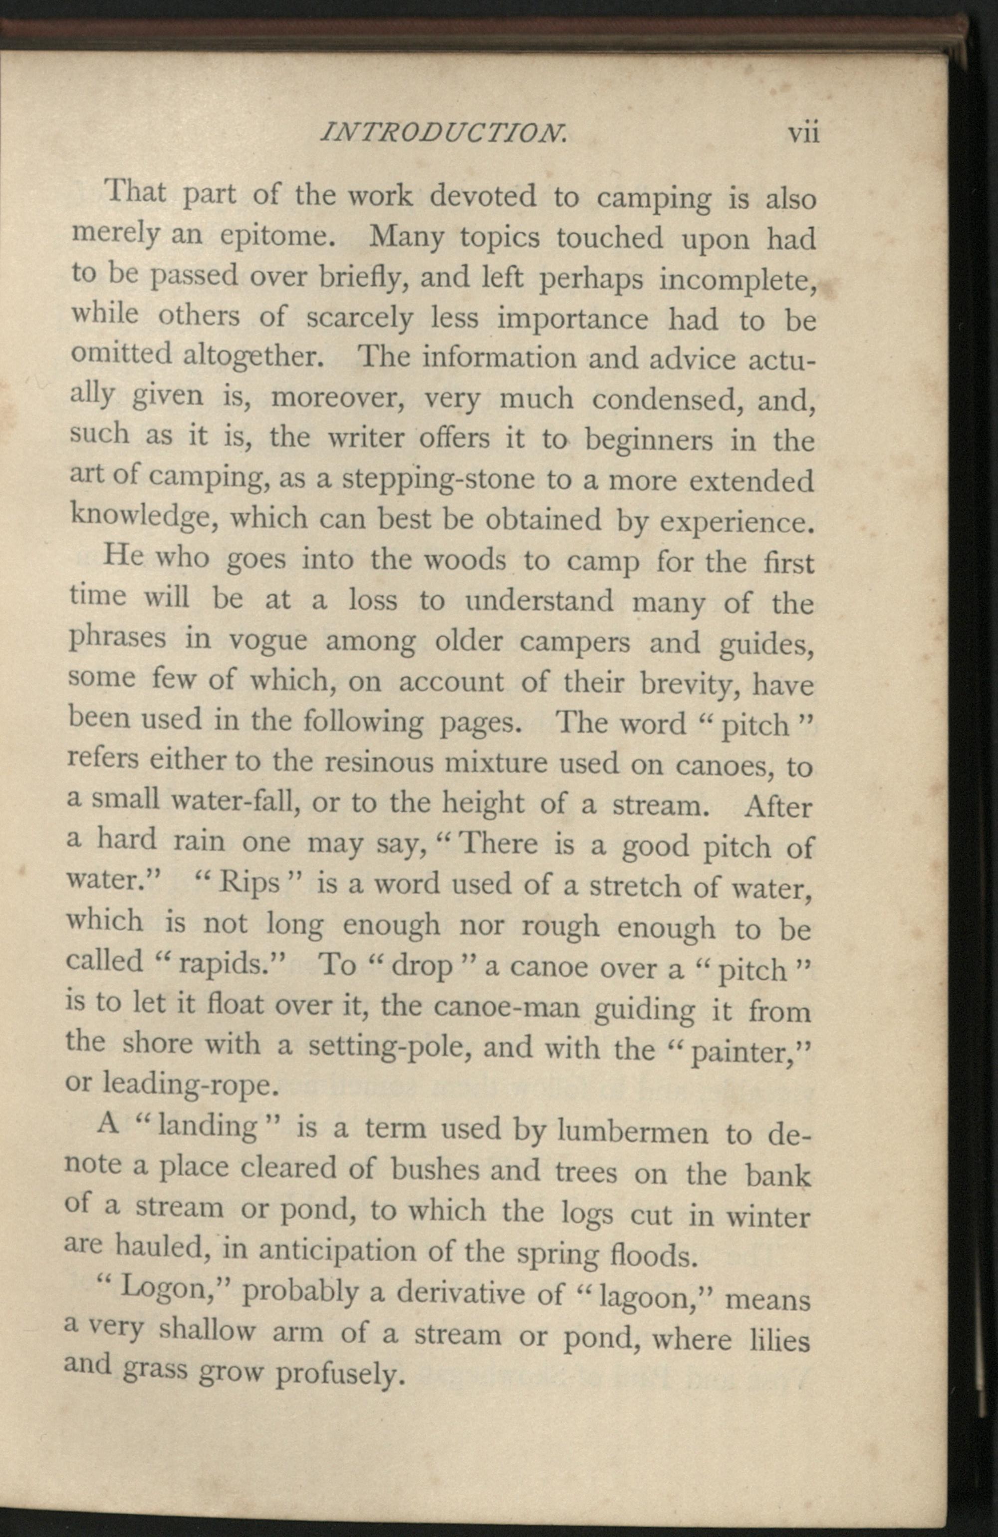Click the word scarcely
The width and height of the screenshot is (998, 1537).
click(x=359, y=319)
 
